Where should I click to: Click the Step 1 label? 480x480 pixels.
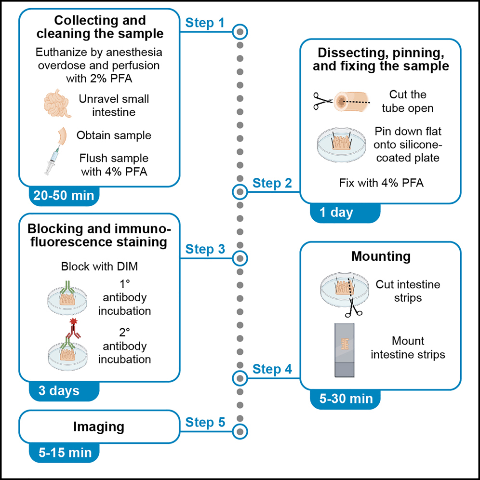pos(205,22)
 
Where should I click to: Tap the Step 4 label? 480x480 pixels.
pos(272,370)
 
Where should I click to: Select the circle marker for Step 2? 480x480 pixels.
pos(240,192)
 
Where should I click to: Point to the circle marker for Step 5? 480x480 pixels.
pos(240,430)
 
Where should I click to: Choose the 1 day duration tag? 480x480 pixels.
pos(336,212)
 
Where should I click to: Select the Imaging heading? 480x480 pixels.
pos(98,427)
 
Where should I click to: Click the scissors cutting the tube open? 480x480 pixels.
pos(322,100)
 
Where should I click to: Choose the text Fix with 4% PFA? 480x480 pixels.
pos(381,183)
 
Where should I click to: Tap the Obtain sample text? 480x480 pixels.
pos(114,135)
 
